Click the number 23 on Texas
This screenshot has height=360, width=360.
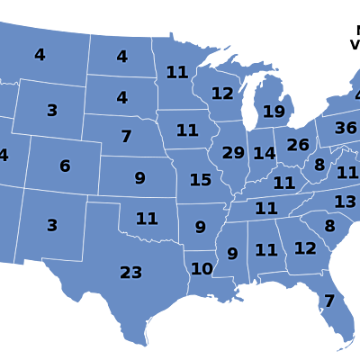click(131, 273)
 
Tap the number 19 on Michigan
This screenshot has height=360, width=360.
click(274, 112)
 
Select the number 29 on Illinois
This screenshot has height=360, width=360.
click(233, 153)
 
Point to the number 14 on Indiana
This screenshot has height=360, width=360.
click(264, 154)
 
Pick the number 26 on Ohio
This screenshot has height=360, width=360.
click(298, 145)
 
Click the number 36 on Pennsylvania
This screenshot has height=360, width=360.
click(346, 129)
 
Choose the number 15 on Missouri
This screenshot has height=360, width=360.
click(201, 181)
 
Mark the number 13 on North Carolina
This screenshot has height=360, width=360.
click(346, 202)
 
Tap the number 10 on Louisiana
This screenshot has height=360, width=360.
click(202, 269)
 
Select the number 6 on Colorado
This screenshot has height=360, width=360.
click(65, 166)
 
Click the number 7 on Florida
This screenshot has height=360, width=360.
click(329, 301)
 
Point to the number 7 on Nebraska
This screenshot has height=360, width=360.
click(126, 137)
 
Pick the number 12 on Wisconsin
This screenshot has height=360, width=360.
click(222, 94)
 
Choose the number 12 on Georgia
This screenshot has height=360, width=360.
click(305, 248)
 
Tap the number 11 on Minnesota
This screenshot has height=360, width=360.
click(177, 73)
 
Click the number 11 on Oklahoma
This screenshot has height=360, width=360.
click(147, 219)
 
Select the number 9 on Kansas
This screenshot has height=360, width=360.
click(139, 178)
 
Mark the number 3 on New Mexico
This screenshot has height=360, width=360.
click(52, 226)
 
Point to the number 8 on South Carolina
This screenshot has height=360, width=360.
click(329, 227)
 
